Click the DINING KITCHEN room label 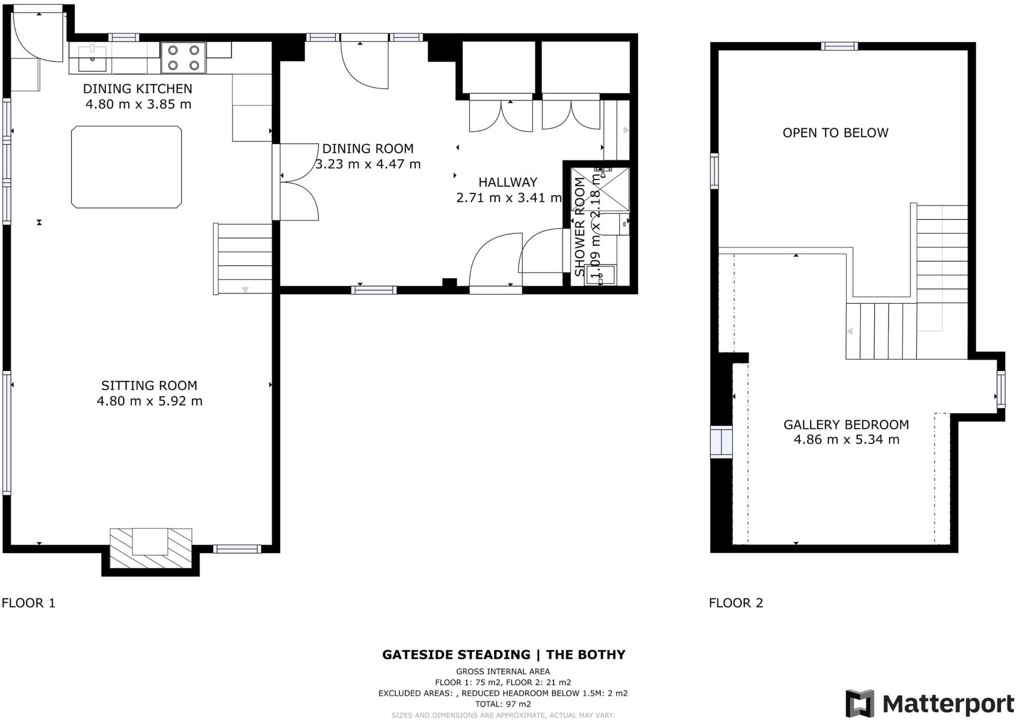(x=137, y=89)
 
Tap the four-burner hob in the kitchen (x=183, y=58)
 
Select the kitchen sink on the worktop (x=92, y=58)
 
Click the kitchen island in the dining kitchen (x=127, y=167)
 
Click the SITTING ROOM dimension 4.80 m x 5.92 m (x=149, y=401)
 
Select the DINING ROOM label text (x=368, y=148)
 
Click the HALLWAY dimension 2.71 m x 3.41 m (x=508, y=198)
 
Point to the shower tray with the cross (x=600, y=189)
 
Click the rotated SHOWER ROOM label (x=579, y=226)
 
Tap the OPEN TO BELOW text (x=835, y=133)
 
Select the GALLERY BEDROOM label (x=846, y=425)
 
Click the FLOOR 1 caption (x=28, y=603)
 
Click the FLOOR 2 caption (x=736, y=603)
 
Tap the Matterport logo (x=930, y=704)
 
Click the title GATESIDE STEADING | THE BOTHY (x=504, y=654)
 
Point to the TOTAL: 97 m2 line (x=503, y=704)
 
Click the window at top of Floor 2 (x=839, y=46)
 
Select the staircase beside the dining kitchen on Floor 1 (x=243, y=259)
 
